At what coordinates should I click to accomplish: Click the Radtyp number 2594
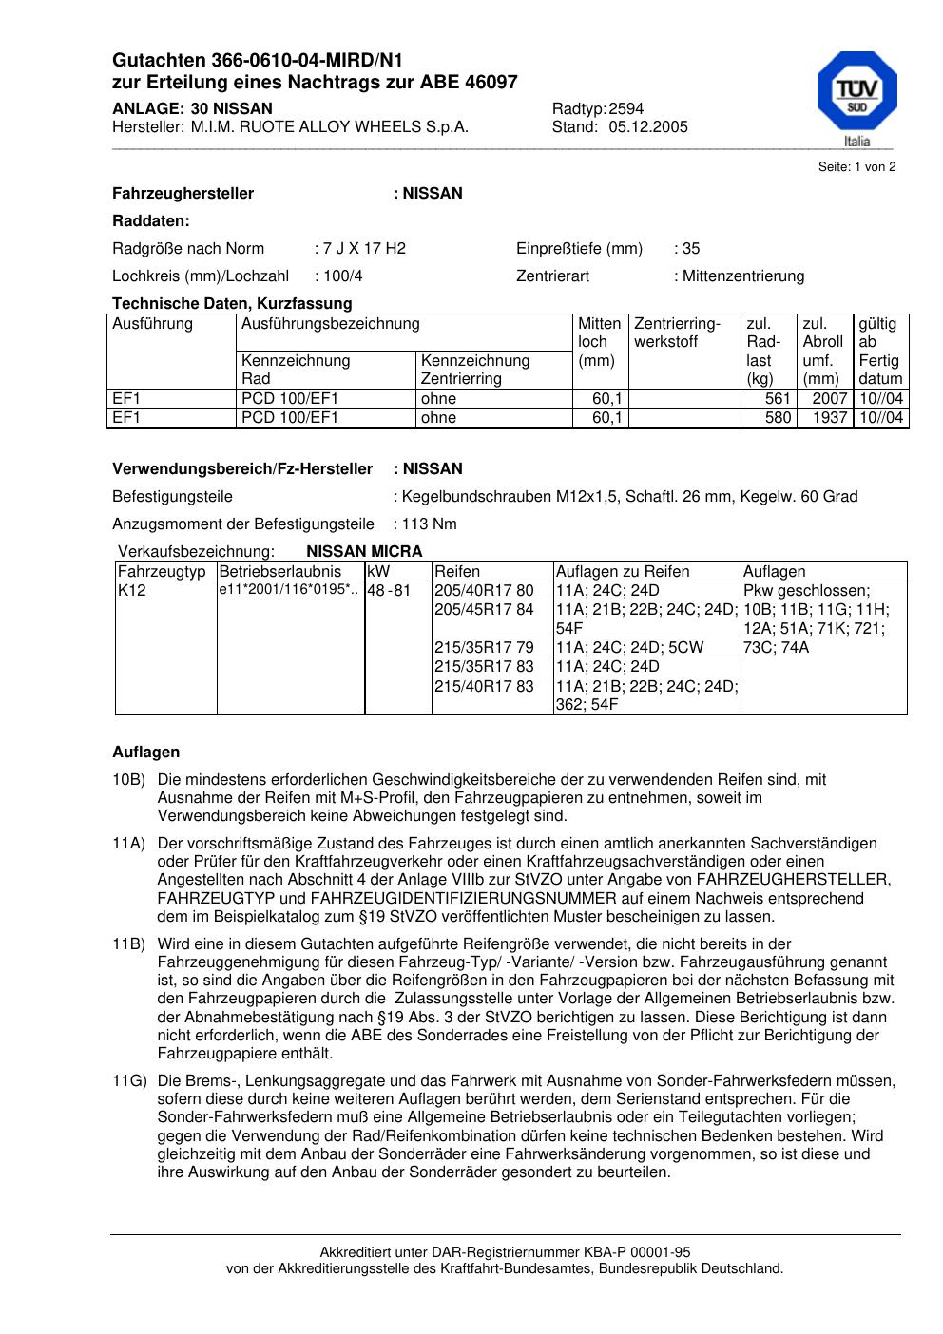(x=626, y=109)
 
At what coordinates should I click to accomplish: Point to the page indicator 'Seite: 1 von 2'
(x=856, y=167)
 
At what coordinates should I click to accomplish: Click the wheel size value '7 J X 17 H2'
(x=364, y=249)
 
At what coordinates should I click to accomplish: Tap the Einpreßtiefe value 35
(x=691, y=249)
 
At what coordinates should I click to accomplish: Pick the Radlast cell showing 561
(x=778, y=399)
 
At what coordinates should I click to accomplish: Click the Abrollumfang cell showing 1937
(x=830, y=418)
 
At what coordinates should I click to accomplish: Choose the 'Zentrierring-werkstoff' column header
(x=678, y=333)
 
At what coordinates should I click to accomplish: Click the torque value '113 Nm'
(x=430, y=524)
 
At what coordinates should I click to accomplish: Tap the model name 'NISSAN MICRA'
(x=364, y=552)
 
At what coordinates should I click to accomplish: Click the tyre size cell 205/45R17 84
(x=484, y=610)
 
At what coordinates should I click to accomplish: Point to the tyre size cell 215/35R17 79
(x=484, y=648)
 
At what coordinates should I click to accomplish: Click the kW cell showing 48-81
(x=389, y=591)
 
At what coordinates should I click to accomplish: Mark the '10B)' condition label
(x=128, y=780)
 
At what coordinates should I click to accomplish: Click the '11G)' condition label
(x=129, y=1081)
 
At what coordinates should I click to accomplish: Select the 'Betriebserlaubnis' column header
(x=279, y=572)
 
